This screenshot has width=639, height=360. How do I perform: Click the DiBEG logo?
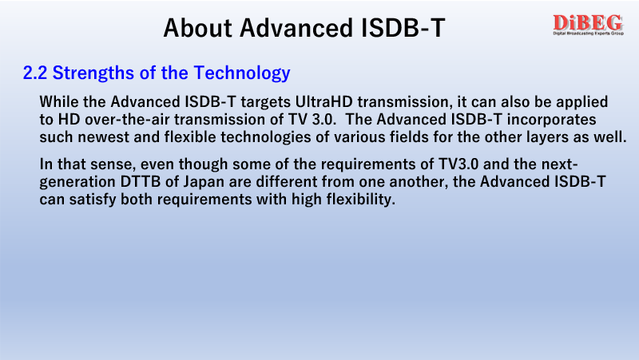[x=588, y=25]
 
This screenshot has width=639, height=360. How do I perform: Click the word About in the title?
[x=197, y=28]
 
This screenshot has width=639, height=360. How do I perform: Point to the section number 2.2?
[x=35, y=73]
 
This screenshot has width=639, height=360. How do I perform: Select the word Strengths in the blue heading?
[x=93, y=73]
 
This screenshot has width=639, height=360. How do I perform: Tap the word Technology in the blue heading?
[x=242, y=73]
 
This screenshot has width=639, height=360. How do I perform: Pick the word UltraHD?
[x=324, y=101]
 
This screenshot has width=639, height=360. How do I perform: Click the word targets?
[x=266, y=102]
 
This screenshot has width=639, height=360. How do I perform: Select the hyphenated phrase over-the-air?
[x=127, y=119]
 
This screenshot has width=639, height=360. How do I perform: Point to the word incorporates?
[x=551, y=120]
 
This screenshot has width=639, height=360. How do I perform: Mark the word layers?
[x=547, y=137]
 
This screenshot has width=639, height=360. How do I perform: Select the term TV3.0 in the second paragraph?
[x=458, y=164]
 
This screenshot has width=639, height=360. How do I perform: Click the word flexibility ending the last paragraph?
[x=361, y=200]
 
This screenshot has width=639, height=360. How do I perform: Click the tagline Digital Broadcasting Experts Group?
[x=588, y=34]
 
